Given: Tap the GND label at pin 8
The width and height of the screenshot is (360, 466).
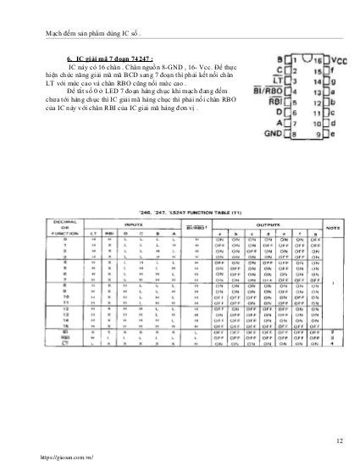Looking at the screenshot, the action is coord(273,134).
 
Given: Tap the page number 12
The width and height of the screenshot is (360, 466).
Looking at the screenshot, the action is coord(340,440).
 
